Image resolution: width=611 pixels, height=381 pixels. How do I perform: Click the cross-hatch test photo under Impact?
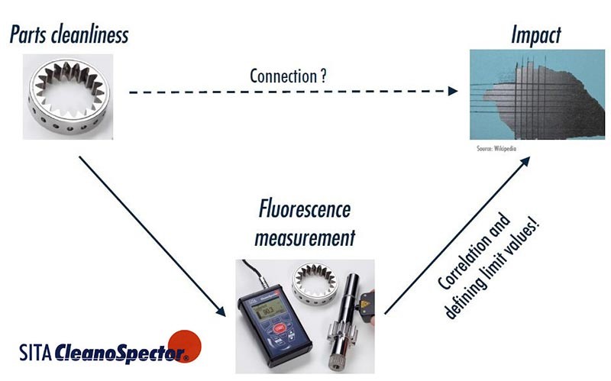[x=520, y=93]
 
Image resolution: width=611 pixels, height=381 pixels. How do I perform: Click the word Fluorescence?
[x=305, y=209]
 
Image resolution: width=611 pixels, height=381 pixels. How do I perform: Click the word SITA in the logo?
[x=35, y=354]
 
